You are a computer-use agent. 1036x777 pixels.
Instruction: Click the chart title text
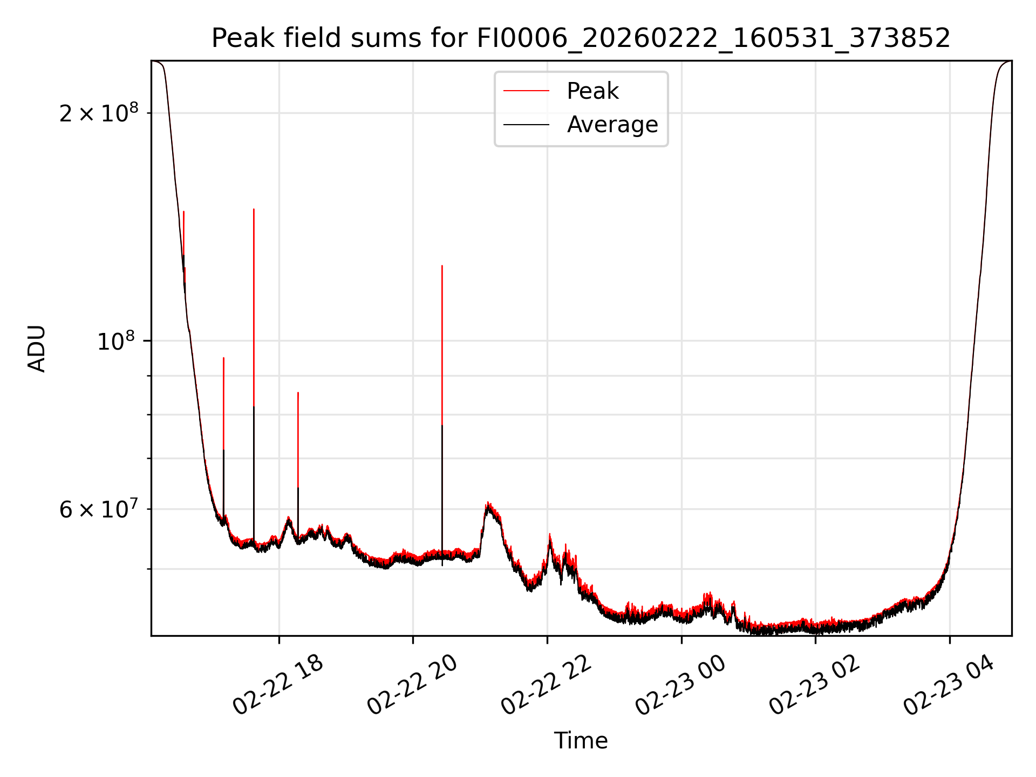(581, 38)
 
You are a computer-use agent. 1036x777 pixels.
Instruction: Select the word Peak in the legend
(592, 91)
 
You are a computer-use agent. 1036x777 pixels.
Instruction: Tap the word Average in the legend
(612, 125)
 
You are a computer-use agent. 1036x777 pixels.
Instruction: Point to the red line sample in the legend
(526, 91)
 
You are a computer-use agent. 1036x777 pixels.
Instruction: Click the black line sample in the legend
(526, 125)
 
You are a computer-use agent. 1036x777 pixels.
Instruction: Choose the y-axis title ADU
(37, 349)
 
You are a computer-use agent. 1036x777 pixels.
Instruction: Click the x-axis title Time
(581, 741)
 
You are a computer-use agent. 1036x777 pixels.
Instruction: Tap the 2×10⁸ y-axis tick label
(99, 114)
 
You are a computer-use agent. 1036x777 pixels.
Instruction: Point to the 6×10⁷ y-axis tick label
(99, 510)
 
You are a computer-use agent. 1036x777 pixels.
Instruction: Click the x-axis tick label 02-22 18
(278, 685)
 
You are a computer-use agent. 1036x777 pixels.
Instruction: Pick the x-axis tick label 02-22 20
(412, 685)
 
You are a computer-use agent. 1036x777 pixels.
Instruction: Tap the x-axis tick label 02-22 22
(547, 685)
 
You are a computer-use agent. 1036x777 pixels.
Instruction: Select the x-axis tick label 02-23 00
(680, 685)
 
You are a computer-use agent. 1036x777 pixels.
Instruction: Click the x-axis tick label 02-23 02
(814, 685)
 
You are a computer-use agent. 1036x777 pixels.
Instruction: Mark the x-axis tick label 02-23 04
(949, 685)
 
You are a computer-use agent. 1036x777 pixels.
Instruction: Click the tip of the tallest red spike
(254, 209)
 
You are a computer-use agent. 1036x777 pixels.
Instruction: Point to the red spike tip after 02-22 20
(442, 266)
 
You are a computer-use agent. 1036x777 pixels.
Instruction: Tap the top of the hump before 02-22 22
(488, 504)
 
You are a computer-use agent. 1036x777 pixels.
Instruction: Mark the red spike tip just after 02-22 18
(298, 393)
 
